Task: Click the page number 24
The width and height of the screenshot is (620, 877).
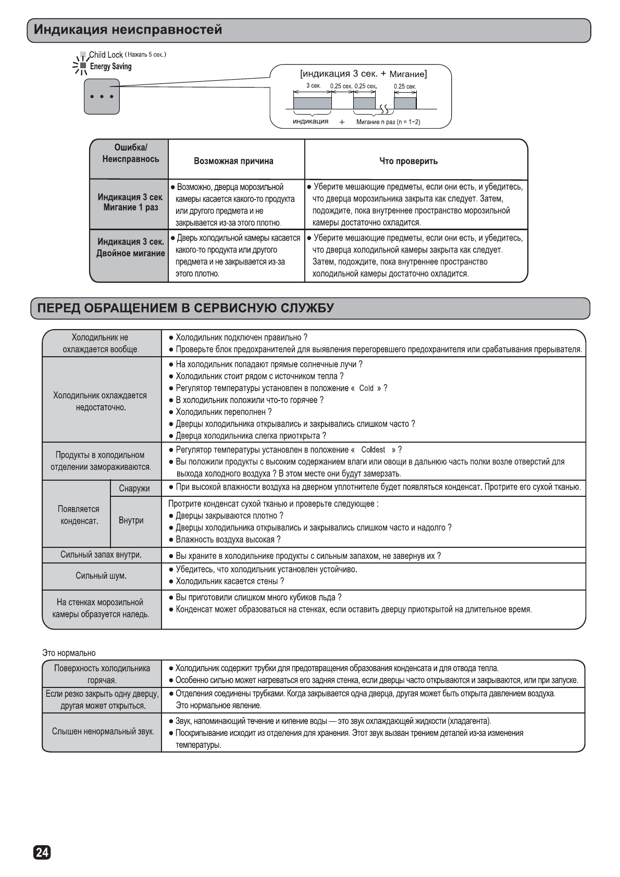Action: coord(42,853)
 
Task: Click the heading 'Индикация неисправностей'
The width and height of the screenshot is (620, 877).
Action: coord(128,30)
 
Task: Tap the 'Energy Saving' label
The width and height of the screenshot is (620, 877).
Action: coord(110,67)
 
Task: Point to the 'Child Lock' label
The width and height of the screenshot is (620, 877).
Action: coord(106,55)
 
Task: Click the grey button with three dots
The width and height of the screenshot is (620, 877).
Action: coord(102,96)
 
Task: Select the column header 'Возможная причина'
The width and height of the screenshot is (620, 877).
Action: coord(233,161)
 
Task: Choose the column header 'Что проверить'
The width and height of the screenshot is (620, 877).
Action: coord(408,161)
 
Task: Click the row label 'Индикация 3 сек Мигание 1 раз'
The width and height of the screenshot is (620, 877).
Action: coord(130,203)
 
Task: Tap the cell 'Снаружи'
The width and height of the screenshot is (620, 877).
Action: coord(134,488)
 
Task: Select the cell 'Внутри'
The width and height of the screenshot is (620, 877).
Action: coord(131,520)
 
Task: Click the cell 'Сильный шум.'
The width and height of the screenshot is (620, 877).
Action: coord(101,576)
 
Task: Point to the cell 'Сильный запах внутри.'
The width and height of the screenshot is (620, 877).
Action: coord(101,555)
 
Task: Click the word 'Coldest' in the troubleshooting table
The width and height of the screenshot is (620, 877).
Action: coord(373,450)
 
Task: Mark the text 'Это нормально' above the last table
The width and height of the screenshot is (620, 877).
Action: coord(69,653)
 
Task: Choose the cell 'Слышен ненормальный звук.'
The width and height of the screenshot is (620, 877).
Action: coord(103,732)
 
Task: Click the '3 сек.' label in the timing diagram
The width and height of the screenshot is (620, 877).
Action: coord(313,85)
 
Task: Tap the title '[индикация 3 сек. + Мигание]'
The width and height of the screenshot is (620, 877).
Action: coord(363,73)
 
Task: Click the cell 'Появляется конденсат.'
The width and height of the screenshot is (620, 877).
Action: coord(79,515)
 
